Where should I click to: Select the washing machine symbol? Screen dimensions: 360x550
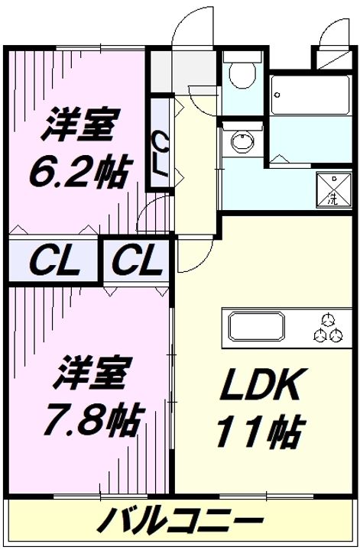[x=334, y=189]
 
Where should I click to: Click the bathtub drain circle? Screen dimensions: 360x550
[x=277, y=95]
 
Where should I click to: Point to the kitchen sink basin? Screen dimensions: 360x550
[x=257, y=327]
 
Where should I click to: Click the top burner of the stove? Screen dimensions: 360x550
[x=329, y=319]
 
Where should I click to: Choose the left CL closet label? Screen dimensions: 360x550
[x=54, y=260]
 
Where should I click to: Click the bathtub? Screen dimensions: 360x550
[x=311, y=95]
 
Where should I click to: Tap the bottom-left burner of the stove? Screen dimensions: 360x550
[x=320, y=335]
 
